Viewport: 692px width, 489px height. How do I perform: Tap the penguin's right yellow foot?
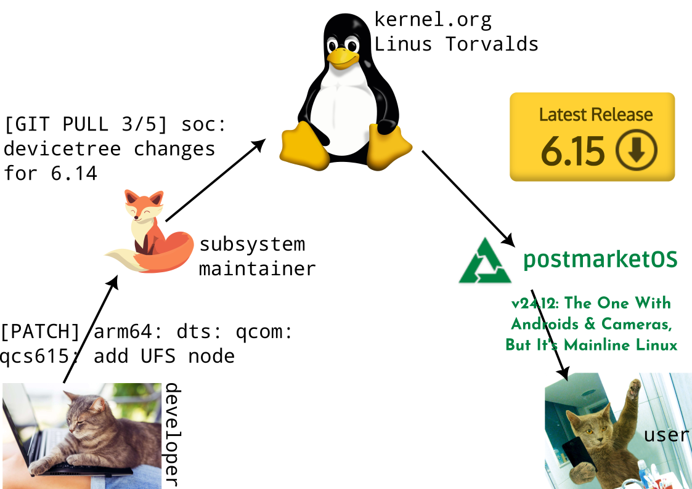(389, 147)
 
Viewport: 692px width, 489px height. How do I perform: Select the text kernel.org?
(433, 20)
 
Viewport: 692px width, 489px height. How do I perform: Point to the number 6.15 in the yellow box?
(572, 152)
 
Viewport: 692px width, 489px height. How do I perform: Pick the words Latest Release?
(595, 115)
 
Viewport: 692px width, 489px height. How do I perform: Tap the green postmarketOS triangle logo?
(484, 261)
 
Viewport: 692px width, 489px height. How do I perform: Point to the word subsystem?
(252, 244)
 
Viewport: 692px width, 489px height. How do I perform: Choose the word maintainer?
(257, 269)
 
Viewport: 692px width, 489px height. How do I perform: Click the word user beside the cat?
(666, 435)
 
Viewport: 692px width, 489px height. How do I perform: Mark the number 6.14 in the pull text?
(74, 174)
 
